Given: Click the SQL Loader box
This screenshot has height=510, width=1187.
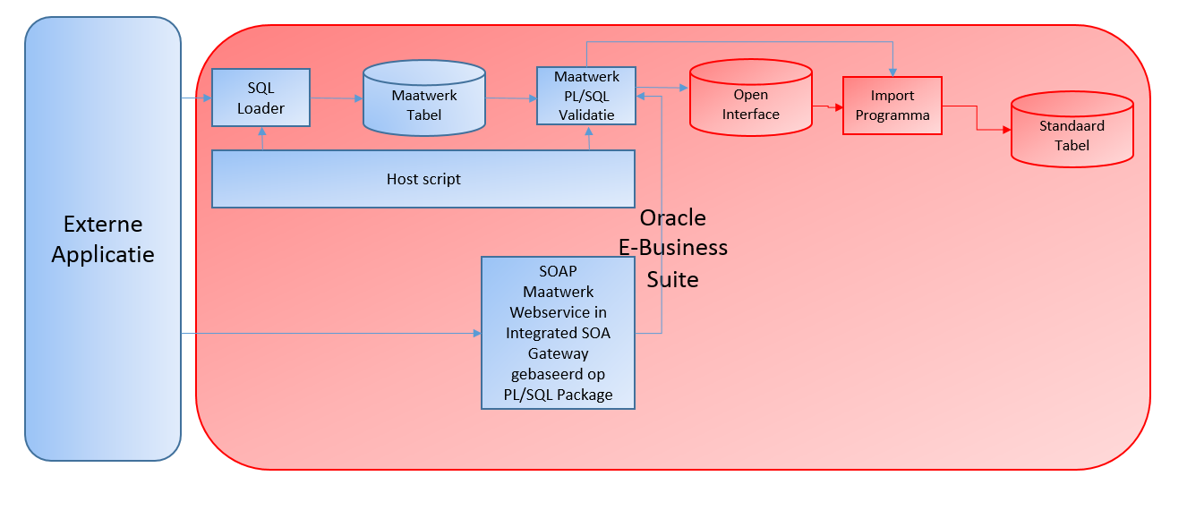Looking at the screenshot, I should click(x=260, y=98).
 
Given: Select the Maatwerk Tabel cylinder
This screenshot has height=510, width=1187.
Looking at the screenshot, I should click(x=423, y=105).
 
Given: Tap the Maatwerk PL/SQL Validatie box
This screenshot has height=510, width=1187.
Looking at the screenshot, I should click(x=586, y=96).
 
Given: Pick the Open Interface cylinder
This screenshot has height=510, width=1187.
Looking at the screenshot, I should click(x=750, y=104).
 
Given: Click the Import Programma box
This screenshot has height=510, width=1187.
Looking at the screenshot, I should click(x=892, y=106).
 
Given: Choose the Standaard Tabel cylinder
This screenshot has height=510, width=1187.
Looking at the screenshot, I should click(x=1071, y=135).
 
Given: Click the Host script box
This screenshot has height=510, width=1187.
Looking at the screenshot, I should click(x=423, y=179).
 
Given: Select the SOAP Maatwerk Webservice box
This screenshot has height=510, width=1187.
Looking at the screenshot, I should click(x=558, y=333).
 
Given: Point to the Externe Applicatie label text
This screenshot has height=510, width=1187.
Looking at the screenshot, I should click(x=103, y=239).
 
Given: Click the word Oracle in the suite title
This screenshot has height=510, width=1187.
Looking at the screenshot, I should click(x=672, y=218).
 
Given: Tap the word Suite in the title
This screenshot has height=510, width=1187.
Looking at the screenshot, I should click(x=672, y=280).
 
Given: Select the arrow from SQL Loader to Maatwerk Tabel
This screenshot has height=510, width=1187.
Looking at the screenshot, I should click(x=336, y=98).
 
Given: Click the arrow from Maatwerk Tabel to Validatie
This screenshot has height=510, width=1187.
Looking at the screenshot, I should click(x=510, y=99).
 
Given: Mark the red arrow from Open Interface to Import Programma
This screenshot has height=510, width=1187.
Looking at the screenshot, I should click(x=827, y=106).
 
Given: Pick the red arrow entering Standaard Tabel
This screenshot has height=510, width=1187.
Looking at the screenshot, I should click(x=994, y=130).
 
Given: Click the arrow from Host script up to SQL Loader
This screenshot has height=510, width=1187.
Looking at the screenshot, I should click(x=262, y=138).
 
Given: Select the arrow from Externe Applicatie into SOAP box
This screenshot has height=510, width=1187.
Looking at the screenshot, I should click(x=331, y=334).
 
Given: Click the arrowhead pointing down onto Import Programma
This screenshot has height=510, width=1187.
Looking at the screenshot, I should click(x=892, y=72).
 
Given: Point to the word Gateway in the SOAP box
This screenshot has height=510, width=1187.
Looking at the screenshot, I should click(x=558, y=353).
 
